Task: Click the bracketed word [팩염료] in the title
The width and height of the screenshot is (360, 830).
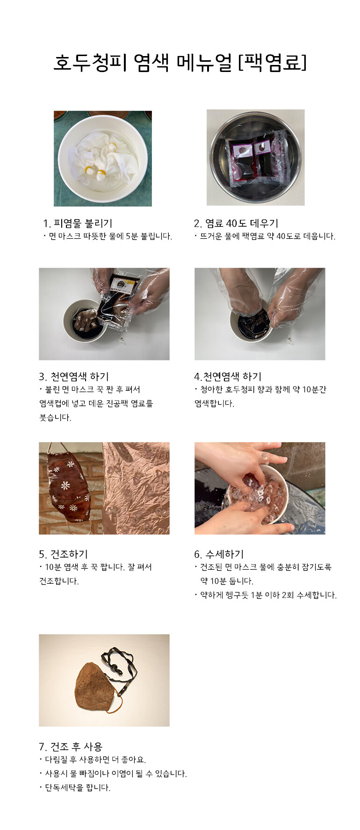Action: [273, 62]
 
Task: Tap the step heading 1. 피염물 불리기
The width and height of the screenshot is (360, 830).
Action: [78, 223]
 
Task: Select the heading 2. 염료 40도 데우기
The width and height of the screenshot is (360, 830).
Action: [236, 223]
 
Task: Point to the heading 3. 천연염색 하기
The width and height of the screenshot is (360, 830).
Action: [74, 377]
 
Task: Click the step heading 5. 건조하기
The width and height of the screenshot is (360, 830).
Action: [63, 554]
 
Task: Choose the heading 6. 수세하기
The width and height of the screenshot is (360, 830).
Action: [219, 554]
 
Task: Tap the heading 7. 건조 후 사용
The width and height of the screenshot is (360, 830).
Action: [71, 747]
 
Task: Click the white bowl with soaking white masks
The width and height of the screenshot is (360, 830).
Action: [103, 159]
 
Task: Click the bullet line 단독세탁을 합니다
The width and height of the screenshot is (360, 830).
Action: [75, 787]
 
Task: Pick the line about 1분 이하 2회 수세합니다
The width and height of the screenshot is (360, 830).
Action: [266, 595]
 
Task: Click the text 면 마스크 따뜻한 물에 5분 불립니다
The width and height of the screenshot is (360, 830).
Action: [108, 236]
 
